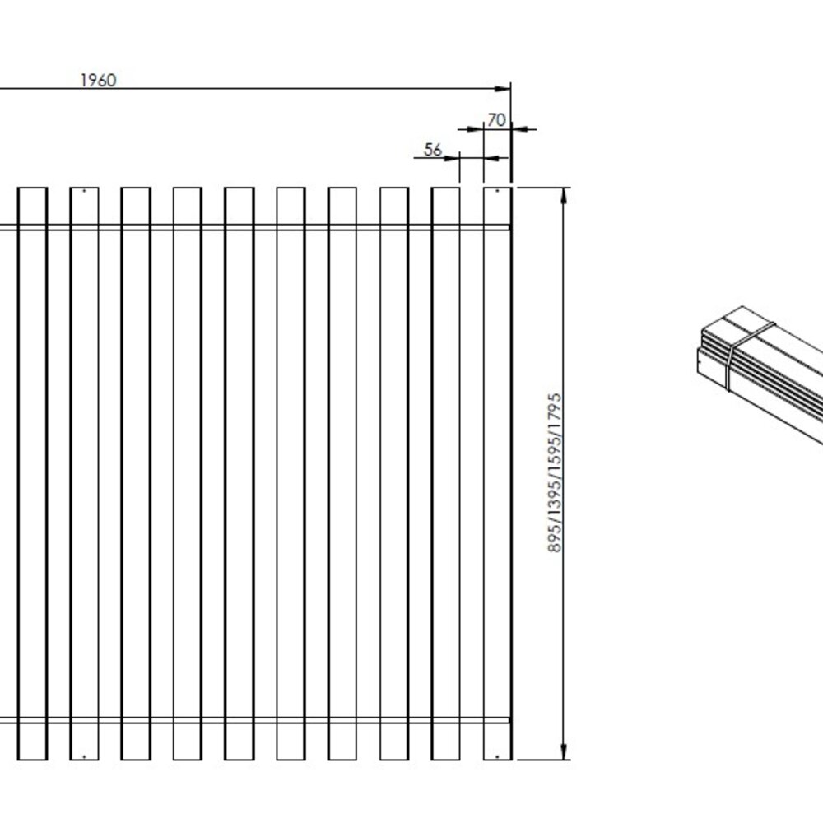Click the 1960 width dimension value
98,80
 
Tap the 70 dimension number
495,120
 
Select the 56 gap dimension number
433,150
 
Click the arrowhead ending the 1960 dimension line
504,88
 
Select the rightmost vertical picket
497,473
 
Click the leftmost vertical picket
32,473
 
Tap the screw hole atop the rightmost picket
497,192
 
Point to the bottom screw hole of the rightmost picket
497,756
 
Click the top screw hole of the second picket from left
84,192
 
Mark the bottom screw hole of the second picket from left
84,756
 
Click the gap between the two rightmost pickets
472,473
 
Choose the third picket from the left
136,473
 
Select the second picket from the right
446,473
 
